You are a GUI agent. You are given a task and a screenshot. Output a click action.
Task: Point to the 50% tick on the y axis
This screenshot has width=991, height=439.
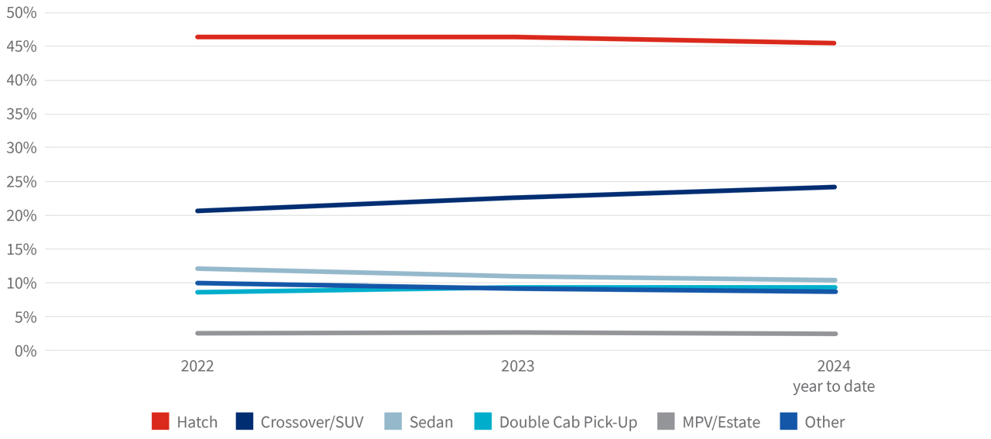[x=21, y=12]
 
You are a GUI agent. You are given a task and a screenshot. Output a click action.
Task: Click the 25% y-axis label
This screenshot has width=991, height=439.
[x=21, y=182]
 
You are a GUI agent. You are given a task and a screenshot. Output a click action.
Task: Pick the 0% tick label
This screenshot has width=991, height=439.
[x=25, y=351]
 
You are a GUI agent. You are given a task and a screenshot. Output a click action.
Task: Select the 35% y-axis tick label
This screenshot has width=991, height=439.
[x=21, y=114]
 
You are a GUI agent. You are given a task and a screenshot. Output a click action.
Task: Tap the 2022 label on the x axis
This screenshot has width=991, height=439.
[x=197, y=366]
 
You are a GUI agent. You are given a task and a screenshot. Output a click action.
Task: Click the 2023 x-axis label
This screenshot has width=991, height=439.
[x=517, y=366]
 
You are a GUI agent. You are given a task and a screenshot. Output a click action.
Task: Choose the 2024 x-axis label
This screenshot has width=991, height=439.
[x=833, y=366]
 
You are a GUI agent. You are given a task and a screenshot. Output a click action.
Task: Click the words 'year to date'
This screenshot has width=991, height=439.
[x=833, y=386]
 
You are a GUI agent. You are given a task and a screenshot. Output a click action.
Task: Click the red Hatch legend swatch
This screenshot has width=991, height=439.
[x=160, y=422]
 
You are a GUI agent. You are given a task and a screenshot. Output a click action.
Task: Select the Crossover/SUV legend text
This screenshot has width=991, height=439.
[x=312, y=422]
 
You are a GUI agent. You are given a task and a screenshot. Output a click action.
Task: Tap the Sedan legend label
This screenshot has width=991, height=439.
[x=431, y=422]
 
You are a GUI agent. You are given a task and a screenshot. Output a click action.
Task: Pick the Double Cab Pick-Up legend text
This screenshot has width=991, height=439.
[x=568, y=422]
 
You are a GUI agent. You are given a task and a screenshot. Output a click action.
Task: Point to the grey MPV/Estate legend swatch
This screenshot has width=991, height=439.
[x=665, y=422]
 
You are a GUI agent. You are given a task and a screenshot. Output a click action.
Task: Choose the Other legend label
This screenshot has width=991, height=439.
[x=825, y=422]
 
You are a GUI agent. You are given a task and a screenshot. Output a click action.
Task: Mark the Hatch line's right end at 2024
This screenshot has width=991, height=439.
[x=833, y=43]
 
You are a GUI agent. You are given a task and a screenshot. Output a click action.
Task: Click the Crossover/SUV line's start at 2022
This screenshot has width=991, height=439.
[x=198, y=211]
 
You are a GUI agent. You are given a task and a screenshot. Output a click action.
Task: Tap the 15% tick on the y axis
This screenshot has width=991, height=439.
[x=21, y=249]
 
